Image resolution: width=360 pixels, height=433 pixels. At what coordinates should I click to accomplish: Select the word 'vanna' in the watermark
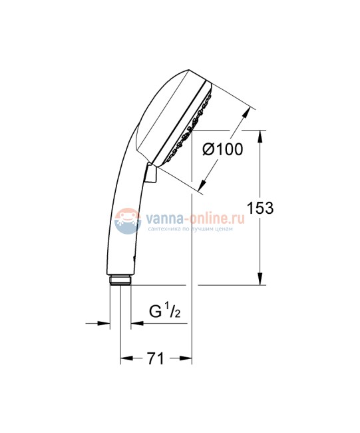pos(162,217)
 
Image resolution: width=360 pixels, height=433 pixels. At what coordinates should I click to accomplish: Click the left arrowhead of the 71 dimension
pos(124,358)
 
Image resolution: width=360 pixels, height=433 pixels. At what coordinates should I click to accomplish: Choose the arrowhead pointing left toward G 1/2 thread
pos(136,324)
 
